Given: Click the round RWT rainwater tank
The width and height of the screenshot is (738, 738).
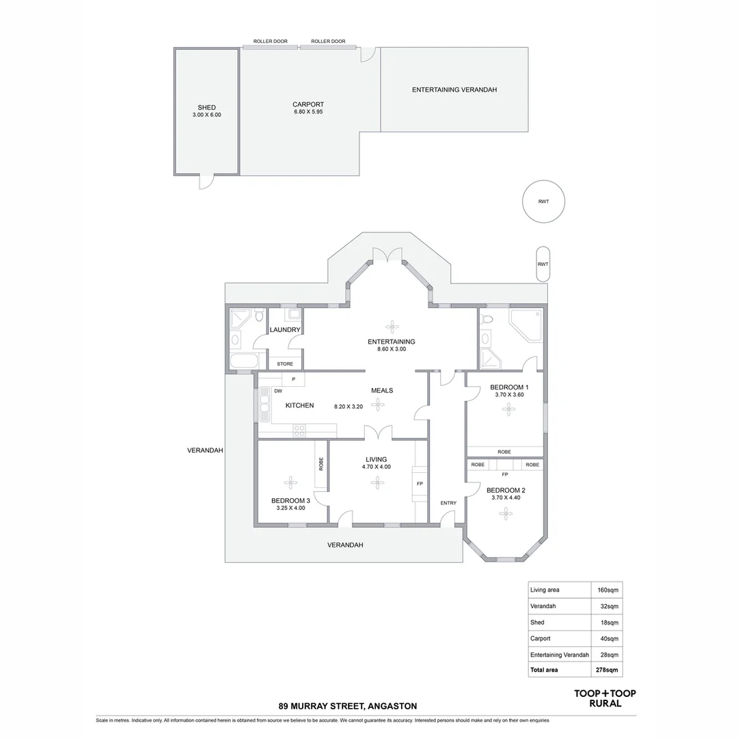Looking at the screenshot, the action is click(543, 202).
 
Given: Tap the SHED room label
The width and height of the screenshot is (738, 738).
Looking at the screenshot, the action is click(206, 107).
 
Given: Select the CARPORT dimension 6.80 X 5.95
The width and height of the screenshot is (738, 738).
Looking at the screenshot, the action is click(308, 112).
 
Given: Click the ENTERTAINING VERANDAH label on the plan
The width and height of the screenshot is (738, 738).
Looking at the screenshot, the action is click(454, 90).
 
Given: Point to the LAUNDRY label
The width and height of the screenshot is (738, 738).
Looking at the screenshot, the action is click(285, 329).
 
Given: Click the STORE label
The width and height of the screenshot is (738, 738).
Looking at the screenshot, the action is click(285, 364).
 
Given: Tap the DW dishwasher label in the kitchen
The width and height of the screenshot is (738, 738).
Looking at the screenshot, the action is click(278, 391).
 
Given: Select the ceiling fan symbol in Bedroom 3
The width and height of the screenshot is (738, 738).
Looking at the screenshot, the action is click(290, 483).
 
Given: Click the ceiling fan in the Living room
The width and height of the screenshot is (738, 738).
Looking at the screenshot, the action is click(377, 482).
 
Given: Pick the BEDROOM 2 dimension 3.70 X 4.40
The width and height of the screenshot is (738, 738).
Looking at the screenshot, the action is click(506, 498).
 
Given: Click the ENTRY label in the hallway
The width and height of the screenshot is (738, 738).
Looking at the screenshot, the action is click(448, 503).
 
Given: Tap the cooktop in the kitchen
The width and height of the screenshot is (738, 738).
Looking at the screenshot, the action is click(299, 430).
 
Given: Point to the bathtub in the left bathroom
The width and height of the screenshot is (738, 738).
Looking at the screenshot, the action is click(244, 361).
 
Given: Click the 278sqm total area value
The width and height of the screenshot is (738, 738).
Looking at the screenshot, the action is click(607, 670).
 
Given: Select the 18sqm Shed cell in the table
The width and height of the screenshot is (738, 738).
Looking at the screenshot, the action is click(609, 623).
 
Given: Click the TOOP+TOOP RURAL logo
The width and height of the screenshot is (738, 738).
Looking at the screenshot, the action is click(605, 698).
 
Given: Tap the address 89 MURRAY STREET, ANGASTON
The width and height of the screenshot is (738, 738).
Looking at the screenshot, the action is click(347, 706).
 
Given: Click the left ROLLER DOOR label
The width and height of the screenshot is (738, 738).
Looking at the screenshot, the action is click(270, 42).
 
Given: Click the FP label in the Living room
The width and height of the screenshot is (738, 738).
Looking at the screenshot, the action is click(420, 484).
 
